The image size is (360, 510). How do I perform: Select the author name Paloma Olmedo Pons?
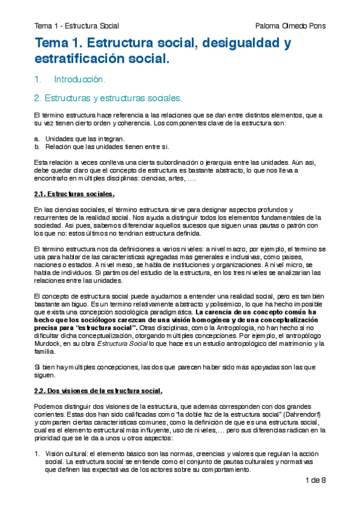pyautogui.click(x=290, y=25)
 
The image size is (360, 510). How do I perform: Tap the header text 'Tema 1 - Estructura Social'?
pyautogui.click(x=76, y=25)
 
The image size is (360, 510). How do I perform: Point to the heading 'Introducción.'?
pyautogui.click(x=80, y=79)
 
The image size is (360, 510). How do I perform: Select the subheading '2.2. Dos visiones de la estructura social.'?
pyautogui.click(x=98, y=390)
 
